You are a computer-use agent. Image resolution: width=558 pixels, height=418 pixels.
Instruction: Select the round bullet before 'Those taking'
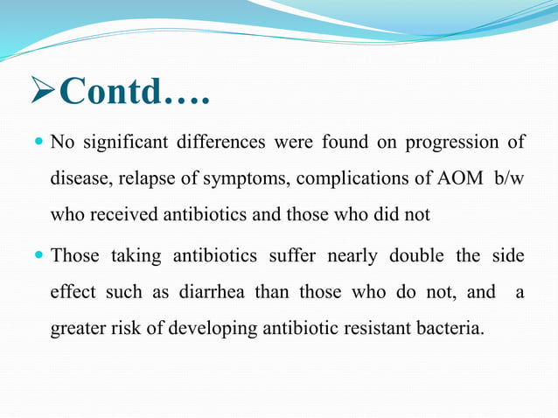(38, 256)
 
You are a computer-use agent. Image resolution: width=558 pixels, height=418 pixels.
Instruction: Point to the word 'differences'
(225, 142)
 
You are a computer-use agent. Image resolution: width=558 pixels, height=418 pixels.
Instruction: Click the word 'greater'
(77, 330)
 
